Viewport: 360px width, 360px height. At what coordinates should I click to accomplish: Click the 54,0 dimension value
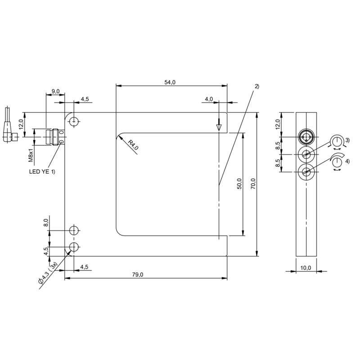(170, 82)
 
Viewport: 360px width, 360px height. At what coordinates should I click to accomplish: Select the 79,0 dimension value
(138, 274)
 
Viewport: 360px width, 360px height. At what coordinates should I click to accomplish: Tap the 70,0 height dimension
(253, 184)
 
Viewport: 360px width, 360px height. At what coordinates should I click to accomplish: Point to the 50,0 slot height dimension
(239, 184)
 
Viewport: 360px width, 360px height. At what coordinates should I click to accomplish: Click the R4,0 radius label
(133, 145)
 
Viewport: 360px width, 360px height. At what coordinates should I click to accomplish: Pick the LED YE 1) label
(42, 171)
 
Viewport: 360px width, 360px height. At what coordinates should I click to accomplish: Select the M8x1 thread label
(31, 155)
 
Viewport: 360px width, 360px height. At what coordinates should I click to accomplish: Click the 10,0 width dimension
(306, 268)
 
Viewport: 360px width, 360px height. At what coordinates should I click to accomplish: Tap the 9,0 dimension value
(55, 91)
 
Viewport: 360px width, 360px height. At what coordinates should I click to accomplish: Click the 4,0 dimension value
(209, 99)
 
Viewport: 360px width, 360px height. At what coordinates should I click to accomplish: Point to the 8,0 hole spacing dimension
(46, 223)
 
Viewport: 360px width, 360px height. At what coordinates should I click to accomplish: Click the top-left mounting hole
(74, 121)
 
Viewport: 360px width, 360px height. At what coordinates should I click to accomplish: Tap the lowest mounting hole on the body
(74, 247)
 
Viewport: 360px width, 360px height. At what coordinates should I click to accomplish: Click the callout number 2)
(257, 86)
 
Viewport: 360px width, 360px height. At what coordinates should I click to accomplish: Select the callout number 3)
(347, 140)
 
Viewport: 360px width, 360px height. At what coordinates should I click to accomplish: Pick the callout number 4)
(347, 162)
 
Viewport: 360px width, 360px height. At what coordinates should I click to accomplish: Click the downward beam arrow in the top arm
(219, 125)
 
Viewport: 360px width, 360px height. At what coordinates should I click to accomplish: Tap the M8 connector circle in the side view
(306, 137)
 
